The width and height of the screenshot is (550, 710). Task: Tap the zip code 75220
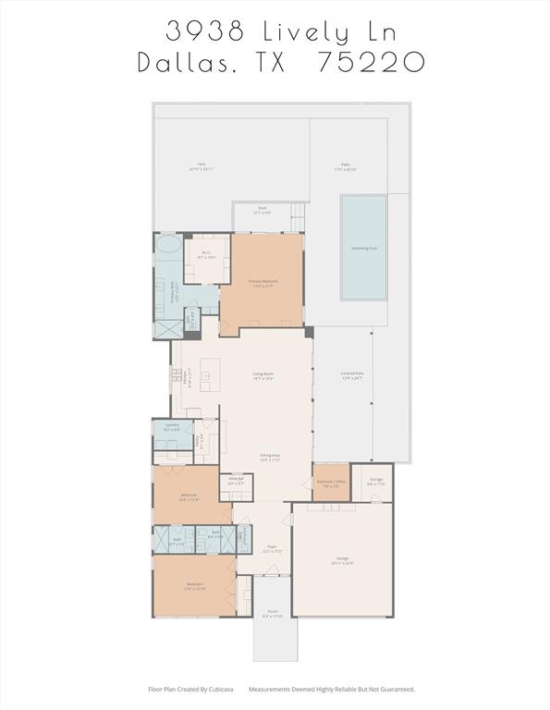coord(371,62)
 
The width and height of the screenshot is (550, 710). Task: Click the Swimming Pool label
coord(364,248)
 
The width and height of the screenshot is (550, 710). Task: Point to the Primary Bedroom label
coord(263,280)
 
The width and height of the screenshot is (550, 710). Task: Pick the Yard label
coord(201,165)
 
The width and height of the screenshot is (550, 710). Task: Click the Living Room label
coord(263,373)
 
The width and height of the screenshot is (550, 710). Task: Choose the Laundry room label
coord(172,425)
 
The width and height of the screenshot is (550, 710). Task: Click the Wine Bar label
coord(236,479)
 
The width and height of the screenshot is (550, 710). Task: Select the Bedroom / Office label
coord(331,482)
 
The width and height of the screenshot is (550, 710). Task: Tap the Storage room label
coord(376,480)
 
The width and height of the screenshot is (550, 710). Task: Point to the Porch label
coord(273,613)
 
